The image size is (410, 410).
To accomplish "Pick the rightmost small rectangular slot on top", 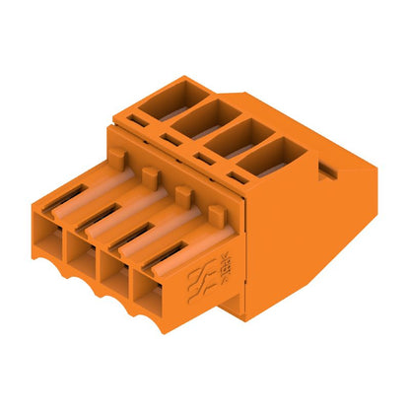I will [x=239, y=177].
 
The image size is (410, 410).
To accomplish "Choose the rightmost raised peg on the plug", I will [x=215, y=213].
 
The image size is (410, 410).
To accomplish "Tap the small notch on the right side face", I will [x=325, y=175].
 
